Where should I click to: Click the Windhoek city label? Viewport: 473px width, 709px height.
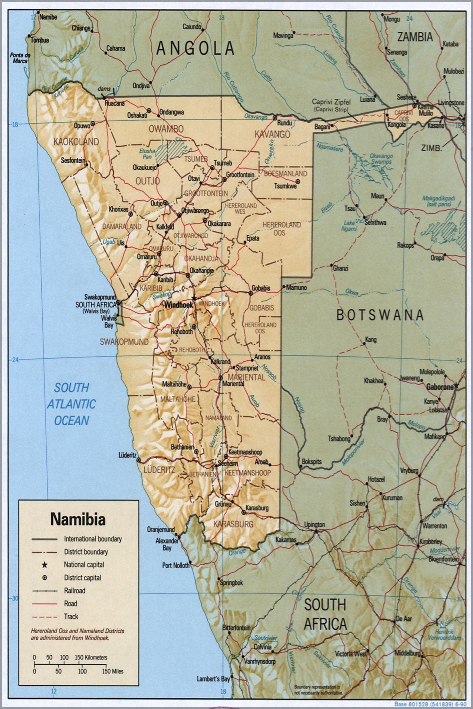(x=178, y=304)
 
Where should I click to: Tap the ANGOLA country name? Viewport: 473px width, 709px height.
(x=195, y=48)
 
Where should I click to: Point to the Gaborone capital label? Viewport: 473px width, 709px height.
(x=439, y=387)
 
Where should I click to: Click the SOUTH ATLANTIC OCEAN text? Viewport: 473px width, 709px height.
(x=72, y=404)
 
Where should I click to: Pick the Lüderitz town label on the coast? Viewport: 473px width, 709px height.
(x=128, y=455)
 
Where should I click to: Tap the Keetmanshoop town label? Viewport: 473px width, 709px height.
(x=246, y=452)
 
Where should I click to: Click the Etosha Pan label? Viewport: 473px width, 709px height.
(x=147, y=154)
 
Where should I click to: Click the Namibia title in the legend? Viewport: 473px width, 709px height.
(x=78, y=519)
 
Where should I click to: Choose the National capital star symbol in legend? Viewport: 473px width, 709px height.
(x=44, y=564)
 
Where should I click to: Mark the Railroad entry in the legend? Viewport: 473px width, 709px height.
(x=75, y=591)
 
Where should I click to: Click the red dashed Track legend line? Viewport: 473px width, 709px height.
(x=44, y=616)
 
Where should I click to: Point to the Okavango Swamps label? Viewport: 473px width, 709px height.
(x=381, y=159)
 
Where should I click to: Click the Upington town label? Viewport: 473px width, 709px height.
(x=314, y=525)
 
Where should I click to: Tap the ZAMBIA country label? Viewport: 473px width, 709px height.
(x=414, y=37)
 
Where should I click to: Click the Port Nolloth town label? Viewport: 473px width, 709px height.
(x=175, y=565)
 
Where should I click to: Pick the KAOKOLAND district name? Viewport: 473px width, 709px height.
(x=76, y=141)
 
